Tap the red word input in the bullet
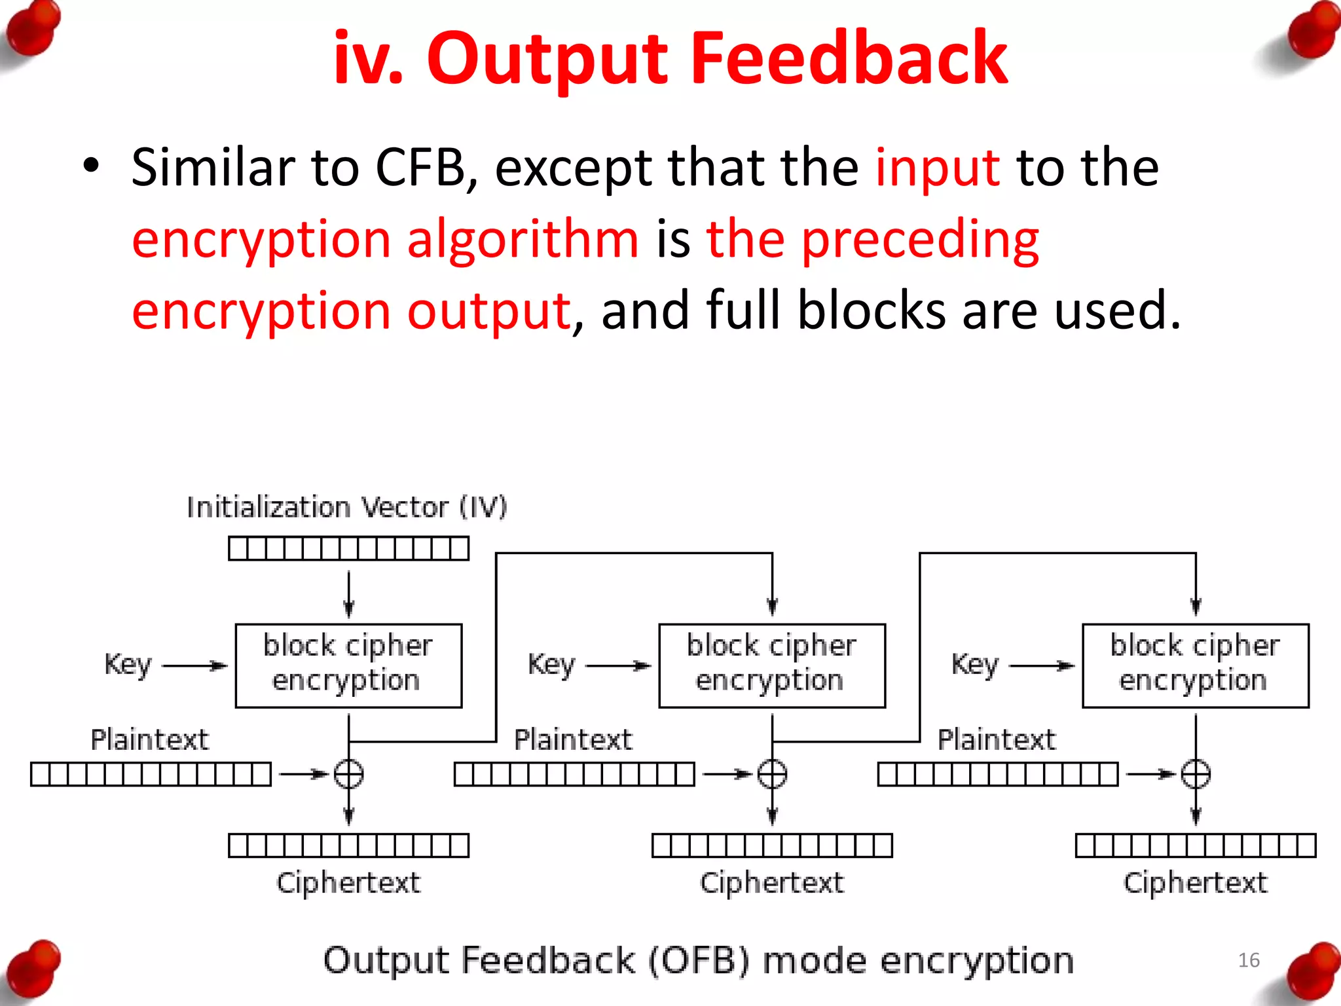click(938, 168)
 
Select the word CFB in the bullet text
click(420, 168)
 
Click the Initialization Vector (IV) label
click(347, 508)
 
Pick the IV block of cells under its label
click(348, 548)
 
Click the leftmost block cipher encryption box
click(348, 665)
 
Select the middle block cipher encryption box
click(772, 665)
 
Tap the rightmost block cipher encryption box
click(1195, 665)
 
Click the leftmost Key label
click(128, 665)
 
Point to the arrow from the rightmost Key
click(1042, 666)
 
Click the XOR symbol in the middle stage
click(772, 774)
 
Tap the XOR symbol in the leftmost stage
click(348, 774)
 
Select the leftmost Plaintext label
click(149, 740)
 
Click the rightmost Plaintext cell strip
click(998, 774)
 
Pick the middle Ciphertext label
click(772, 883)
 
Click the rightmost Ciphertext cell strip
click(1195, 846)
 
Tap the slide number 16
click(1249, 960)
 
